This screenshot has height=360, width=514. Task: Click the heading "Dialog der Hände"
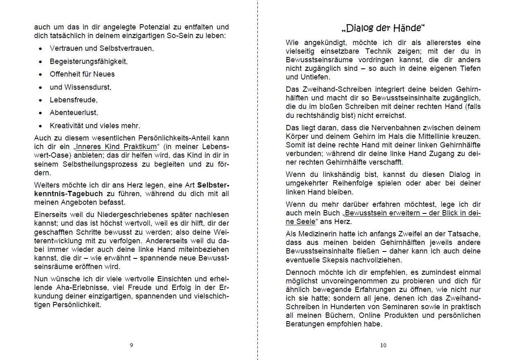point(383,28)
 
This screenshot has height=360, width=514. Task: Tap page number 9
point(131,345)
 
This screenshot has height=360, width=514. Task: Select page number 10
point(383,345)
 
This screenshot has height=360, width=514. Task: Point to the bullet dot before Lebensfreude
point(41,100)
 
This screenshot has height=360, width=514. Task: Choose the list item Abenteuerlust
point(74,113)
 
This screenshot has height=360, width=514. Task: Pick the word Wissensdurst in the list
point(88,87)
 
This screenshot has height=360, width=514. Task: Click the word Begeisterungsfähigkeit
point(89,61)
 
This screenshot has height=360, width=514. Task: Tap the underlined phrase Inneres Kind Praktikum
point(117,147)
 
